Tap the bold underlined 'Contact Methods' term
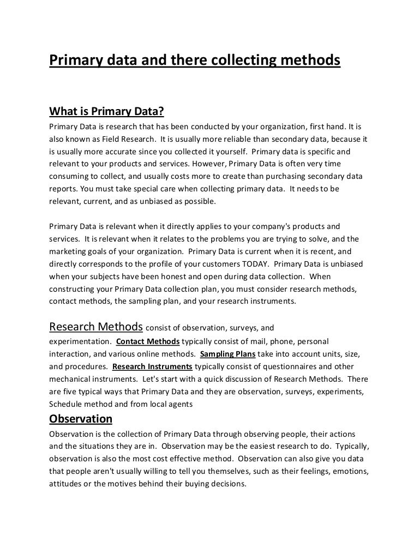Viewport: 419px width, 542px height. click(148, 341)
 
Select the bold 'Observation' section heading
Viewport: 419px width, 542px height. click(81, 419)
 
